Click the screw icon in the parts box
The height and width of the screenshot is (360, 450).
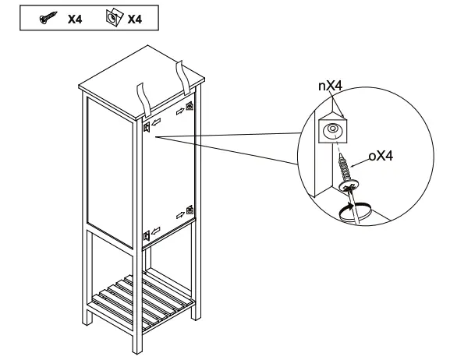coord(48,18)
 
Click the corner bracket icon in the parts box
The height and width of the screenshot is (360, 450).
coord(114,18)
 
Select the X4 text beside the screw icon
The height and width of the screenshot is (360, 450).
coord(75,19)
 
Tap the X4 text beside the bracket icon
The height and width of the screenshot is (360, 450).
coord(135,19)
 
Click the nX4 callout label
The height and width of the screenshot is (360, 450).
coord(331,86)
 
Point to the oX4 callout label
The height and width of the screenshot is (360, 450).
coord(381,156)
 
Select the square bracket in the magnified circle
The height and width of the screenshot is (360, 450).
coord(332,130)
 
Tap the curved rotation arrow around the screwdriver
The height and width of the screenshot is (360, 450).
coord(355,212)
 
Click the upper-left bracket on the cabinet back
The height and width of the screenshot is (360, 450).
coord(147,127)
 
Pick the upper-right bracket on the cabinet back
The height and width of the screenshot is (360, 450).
coord(190,106)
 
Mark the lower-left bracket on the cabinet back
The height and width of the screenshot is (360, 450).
coord(147,236)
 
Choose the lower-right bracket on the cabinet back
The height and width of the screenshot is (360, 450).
coord(190,210)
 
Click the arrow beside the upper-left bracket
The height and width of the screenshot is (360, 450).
coord(156,122)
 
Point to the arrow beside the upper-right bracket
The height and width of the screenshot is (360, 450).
coord(180,111)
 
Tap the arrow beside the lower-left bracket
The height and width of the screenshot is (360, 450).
coord(155,231)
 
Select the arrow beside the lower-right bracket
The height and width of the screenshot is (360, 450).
coord(180,215)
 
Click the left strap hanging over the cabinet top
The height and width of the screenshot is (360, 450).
coord(143,101)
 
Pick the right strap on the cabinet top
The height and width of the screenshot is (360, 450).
coord(183,77)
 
